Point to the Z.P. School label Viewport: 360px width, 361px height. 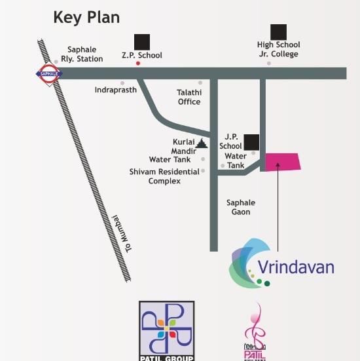[141, 55]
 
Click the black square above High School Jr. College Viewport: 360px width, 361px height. [279, 31]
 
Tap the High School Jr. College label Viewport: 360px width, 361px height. [278, 49]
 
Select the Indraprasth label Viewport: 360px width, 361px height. [115, 90]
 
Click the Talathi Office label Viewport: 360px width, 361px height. [189, 97]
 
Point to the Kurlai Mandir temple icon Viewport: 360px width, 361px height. [202, 143]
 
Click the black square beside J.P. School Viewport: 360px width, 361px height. [251, 142]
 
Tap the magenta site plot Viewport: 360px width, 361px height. [282, 162]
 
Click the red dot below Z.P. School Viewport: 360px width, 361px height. [137, 64]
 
